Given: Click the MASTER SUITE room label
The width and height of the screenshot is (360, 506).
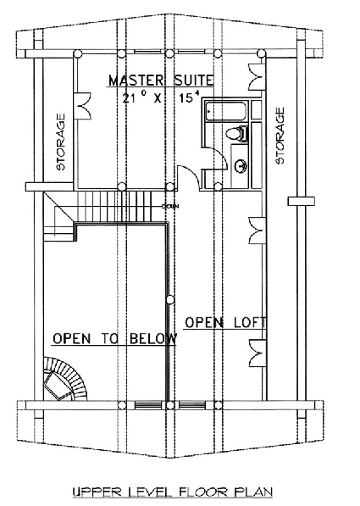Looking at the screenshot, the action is tap(161, 81).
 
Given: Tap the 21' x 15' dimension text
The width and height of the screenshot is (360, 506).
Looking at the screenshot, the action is tap(161, 97).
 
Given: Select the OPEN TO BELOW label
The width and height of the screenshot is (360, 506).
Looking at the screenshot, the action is tap(115, 339).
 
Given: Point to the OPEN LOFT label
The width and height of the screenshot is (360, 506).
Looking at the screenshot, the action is tap(225, 322).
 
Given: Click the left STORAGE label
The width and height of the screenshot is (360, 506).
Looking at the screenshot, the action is tap(60, 142).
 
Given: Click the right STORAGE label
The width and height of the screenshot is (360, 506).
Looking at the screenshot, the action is tap(280, 136).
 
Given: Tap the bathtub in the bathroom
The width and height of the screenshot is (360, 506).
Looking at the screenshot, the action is tap(226, 111).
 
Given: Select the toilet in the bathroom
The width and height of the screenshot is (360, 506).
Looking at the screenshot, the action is tap(237, 134).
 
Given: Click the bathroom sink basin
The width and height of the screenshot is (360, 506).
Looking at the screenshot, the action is tap(241, 166).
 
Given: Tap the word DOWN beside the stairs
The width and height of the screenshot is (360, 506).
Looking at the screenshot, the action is tap(170, 206).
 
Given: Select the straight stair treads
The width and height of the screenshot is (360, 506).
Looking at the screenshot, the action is tap(114, 206).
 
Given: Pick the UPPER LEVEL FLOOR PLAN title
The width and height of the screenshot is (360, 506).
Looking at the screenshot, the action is tap(173, 492).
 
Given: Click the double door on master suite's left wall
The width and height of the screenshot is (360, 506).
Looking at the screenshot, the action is tap(82, 106).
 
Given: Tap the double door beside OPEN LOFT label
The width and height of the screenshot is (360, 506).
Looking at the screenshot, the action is tap(258, 353).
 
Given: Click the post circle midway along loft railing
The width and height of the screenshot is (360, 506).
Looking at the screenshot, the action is tap(169, 300).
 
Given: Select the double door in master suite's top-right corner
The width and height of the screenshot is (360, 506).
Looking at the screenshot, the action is tap(257, 77).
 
